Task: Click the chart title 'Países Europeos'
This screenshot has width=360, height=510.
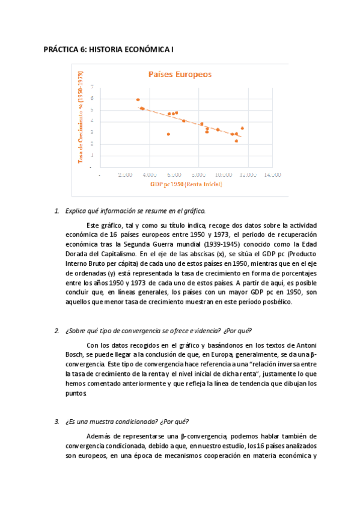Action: tap(180, 75)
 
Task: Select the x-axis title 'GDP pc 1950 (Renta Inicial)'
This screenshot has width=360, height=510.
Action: tap(186, 184)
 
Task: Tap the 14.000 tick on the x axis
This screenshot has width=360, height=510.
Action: tap(273, 174)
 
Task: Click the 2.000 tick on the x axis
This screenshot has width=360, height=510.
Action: tap(125, 174)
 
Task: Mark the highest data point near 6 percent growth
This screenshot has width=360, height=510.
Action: tap(138, 100)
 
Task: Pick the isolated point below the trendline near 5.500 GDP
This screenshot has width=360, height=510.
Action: tap(168, 134)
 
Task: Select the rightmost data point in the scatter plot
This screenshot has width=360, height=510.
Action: tap(242, 128)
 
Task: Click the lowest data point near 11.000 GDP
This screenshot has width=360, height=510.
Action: tap(236, 141)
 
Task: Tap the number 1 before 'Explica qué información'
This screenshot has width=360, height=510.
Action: tap(56, 211)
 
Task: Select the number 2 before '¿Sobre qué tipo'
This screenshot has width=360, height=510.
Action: tap(56, 331)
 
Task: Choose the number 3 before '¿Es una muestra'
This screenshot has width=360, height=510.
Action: tap(56, 422)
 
